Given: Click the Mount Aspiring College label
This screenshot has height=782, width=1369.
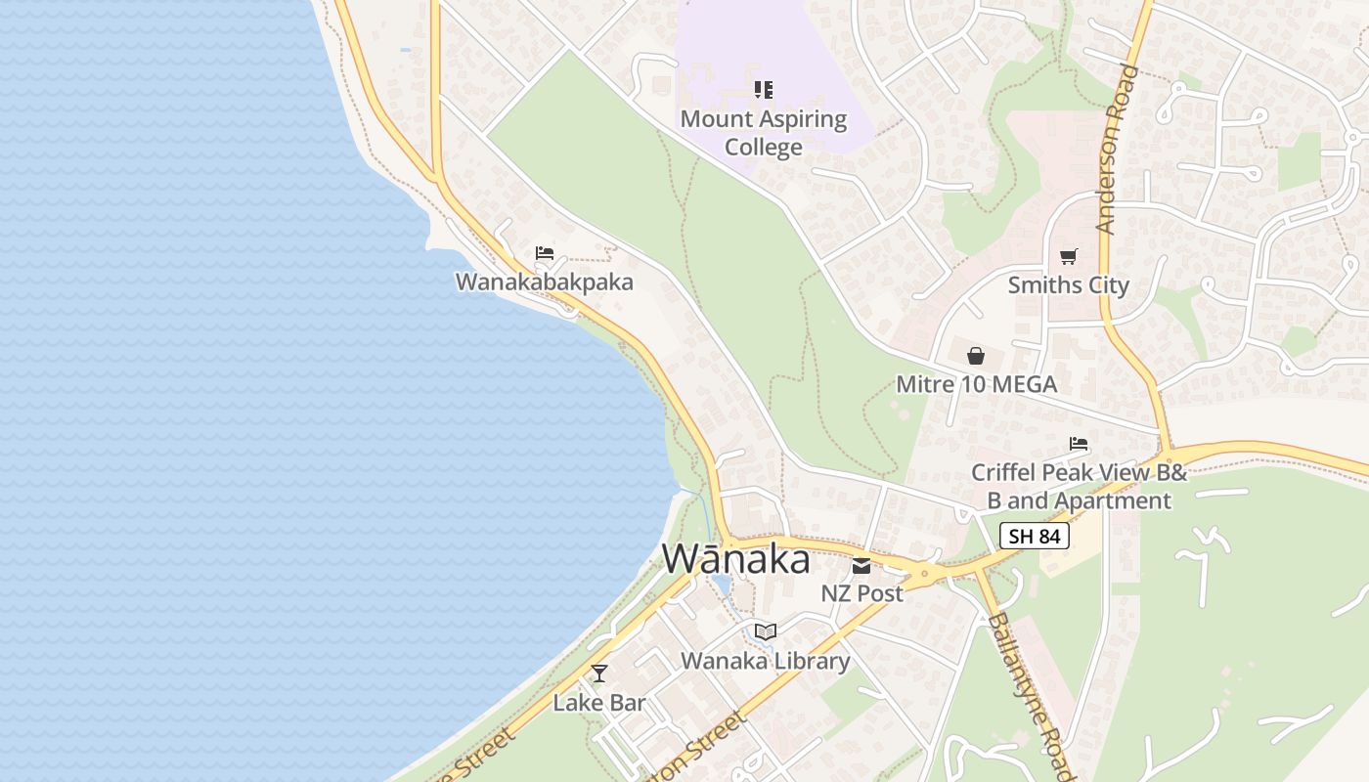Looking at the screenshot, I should pos(764,133).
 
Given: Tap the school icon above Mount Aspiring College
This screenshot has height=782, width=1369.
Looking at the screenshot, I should pos(764,91).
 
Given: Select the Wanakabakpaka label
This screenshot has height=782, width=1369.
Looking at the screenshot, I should pos(545,282).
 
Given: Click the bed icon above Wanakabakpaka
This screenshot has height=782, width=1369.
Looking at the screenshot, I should pos(545,254).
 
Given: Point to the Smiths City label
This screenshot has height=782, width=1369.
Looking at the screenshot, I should pos(1069,285).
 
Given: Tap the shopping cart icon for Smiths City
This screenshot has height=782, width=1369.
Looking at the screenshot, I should pos(1069,257).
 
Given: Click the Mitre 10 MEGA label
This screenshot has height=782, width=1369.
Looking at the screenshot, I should pos(977,384).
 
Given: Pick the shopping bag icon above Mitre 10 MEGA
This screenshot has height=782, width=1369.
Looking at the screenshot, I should pos(976,356).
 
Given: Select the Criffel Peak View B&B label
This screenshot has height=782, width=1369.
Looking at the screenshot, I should pos(1079,487).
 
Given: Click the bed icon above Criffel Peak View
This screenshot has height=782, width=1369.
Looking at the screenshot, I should pos(1079,444).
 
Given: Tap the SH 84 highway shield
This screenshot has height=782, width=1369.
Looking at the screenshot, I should pos(1035,536).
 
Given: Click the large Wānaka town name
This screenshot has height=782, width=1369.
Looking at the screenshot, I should pos(736,559).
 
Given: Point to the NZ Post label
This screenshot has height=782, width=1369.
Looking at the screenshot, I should pos(861,593).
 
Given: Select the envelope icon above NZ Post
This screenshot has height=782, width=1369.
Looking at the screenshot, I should pos(861,565).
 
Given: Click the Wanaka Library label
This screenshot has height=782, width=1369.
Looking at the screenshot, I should pos(766,661).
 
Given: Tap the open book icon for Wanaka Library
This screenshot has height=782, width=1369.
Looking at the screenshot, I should pos(766,631).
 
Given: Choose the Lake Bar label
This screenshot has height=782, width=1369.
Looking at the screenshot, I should pos(599,703).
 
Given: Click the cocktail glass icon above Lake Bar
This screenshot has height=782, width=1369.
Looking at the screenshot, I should pos(599,673).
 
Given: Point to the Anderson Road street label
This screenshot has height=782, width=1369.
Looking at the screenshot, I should pos(1118,149).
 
